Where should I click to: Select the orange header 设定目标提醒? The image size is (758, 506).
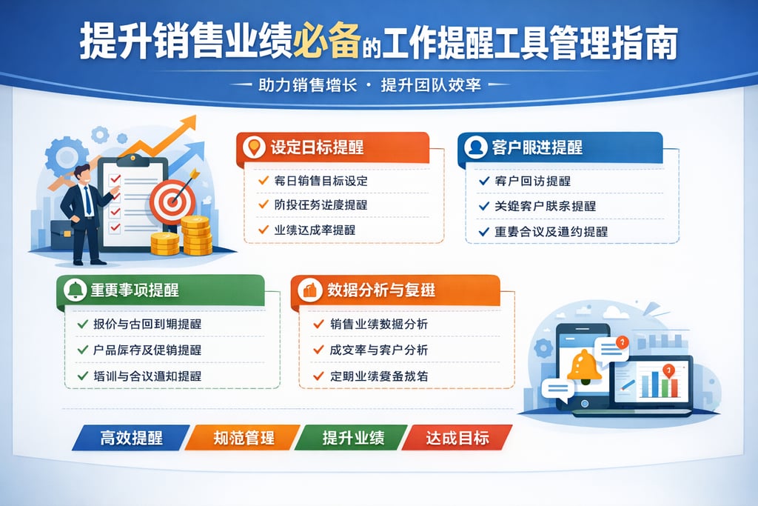click(317, 147)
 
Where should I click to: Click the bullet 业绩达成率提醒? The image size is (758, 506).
click(315, 230)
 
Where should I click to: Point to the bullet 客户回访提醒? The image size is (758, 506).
click(532, 181)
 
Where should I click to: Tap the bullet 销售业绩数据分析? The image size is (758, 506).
click(378, 324)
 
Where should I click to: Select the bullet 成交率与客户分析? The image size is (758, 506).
click(378, 350)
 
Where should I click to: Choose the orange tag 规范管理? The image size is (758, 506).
click(244, 437)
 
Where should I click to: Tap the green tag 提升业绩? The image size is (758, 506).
click(353, 437)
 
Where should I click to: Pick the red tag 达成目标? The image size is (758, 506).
click(457, 437)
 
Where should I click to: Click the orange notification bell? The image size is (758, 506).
click(584, 364)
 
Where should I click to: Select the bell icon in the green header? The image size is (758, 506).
click(75, 290)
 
